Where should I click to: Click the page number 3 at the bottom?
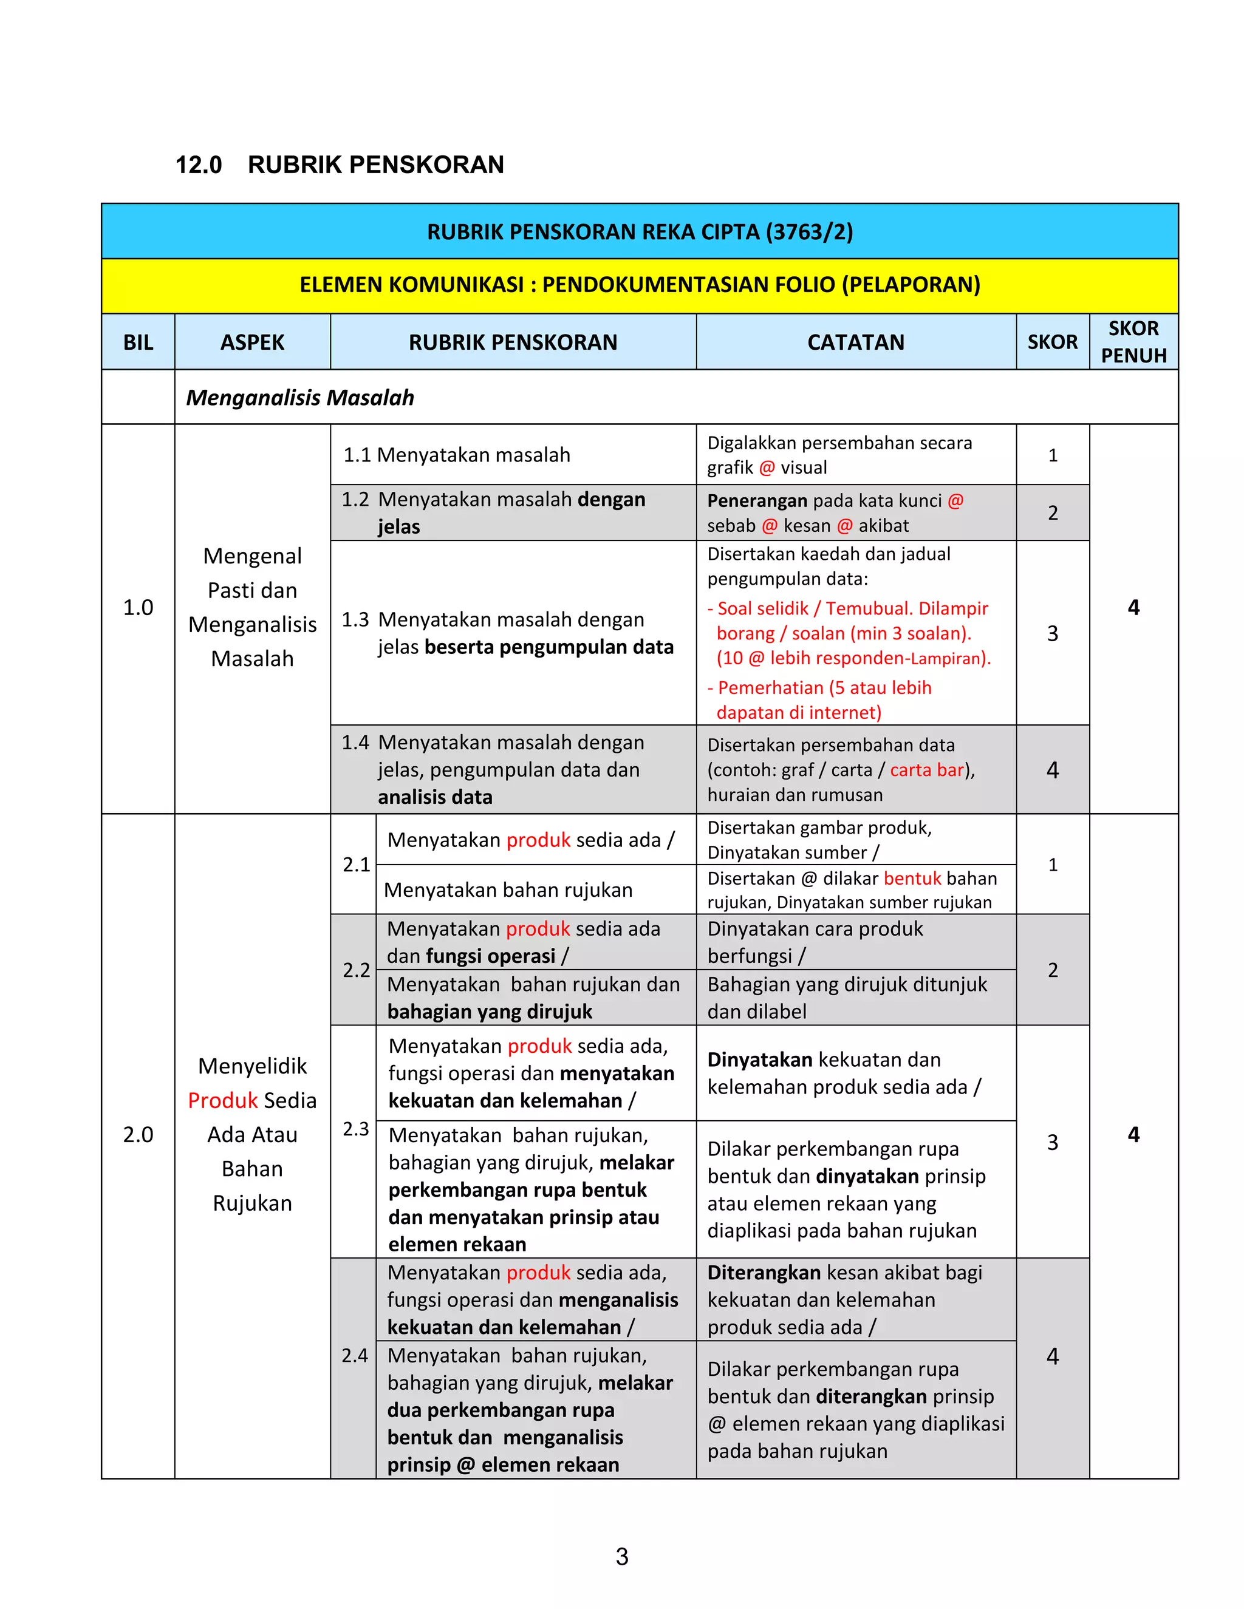(x=621, y=1557)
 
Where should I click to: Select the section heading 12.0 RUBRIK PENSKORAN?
(x=340, y=165)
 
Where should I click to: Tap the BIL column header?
(x=138, y=342)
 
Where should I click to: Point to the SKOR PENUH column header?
(x=1133, y=342)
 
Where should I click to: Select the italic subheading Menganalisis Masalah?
(x=300, y=398)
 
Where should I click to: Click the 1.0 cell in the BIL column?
(x=138, y=608)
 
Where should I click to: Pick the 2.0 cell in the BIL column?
(x=138, y=1135)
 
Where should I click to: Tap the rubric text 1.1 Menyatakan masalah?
(x=457, y=455)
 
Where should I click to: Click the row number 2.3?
(x=355, y=1129)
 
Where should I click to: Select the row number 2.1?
(x=356, y=864)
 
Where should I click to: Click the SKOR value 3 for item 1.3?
(x=1053, y=633)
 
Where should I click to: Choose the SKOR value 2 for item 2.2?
(x=1053, y=970)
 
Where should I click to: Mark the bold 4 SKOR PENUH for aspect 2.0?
(x=1133, y=1135)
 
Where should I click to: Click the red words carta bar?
(x=926, y=770)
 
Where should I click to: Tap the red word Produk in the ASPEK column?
(x=222, y=1101)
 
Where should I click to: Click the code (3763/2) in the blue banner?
(x=809, y=232)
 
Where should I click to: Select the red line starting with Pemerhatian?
(x=824, y=688)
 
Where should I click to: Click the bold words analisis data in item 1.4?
(x=435, y=797)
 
